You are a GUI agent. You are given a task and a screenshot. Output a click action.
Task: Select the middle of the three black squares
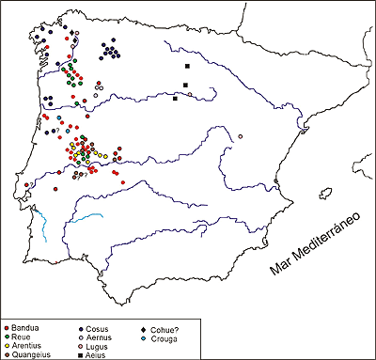(185, 86)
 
